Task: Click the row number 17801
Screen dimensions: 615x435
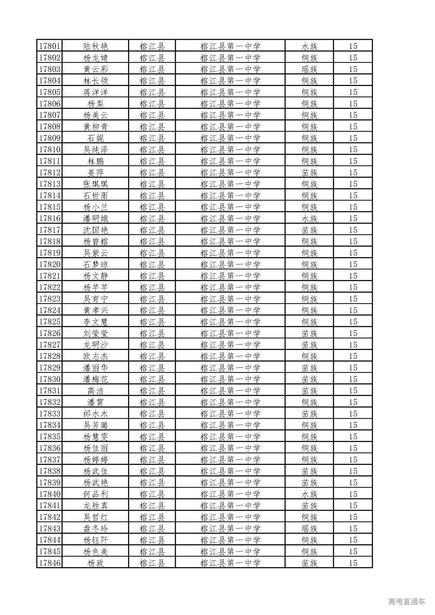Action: click(x=50, y=46)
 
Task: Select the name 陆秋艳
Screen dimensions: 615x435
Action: click(x=95, y=46)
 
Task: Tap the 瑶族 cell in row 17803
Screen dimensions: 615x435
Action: click(x=309, y=69)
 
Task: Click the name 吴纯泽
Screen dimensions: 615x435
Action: click(x=95, y=150)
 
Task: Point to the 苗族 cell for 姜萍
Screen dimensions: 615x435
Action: click(x=309, y=173)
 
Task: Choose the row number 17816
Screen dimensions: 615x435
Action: click(x=50, y=218)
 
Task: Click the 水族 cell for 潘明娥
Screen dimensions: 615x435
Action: click(x=309, y=218)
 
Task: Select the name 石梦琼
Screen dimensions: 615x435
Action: click(x=95, y=264)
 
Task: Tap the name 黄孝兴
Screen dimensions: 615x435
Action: click(x=95, y=310)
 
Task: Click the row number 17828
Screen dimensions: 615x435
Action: click(x=50, y=356)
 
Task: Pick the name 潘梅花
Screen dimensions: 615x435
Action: click(x=95, y=379)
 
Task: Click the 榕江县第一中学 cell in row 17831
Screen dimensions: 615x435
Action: click(x=230, y=391)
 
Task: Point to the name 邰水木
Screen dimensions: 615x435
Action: click(x=95, y=414)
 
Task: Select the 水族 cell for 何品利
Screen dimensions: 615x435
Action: click(x=309, y=494)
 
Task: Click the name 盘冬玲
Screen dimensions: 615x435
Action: click(x=95, y=528)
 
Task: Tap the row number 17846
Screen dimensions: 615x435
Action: click(x=50, y=563)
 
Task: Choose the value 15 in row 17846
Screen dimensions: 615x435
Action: click(x=353, y=563)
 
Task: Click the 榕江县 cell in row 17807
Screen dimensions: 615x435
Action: click(x=152, y=115)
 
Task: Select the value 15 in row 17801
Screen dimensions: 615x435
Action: click(x=353, y=46)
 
